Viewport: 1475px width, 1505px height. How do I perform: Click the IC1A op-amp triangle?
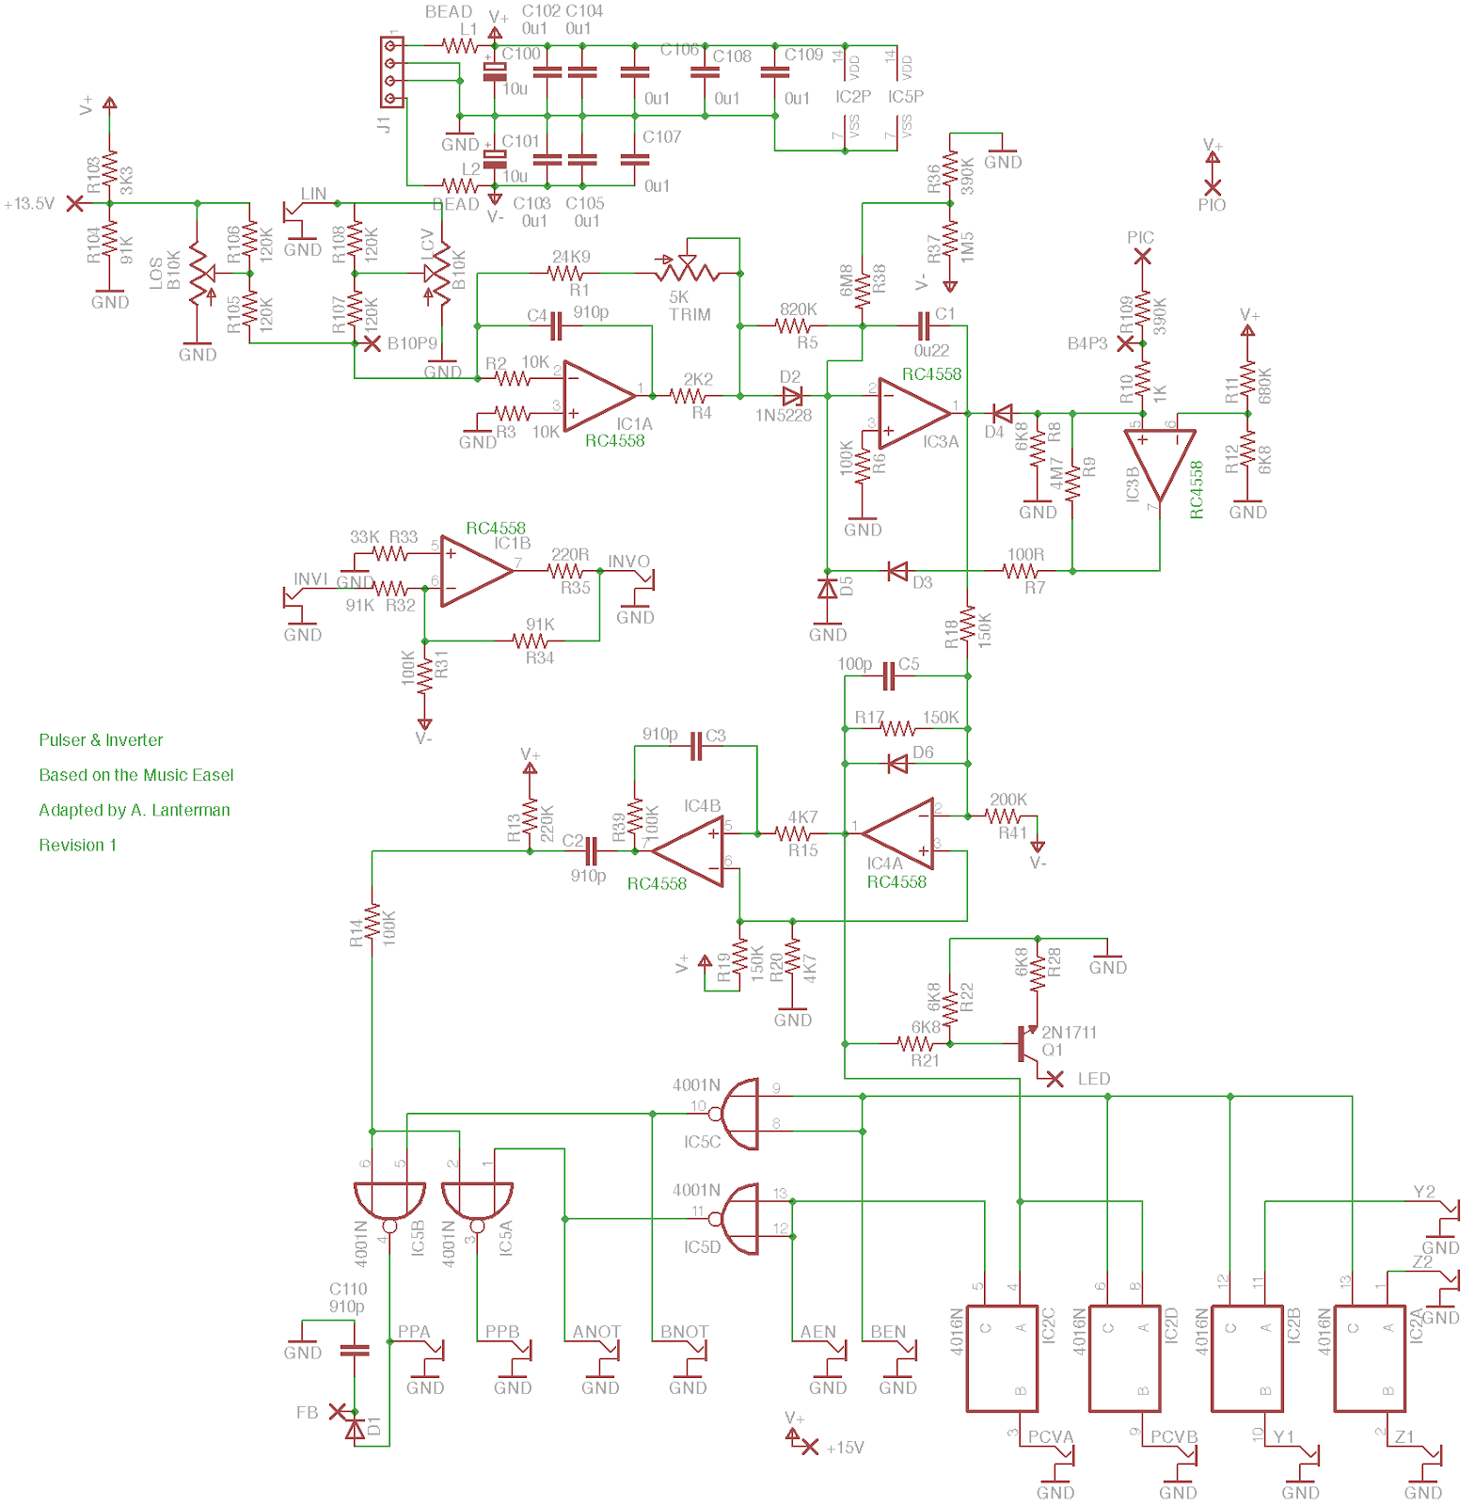(598, 396)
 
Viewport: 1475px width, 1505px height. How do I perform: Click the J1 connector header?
(392, 72)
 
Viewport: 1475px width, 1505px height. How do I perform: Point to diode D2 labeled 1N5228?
(792, 396)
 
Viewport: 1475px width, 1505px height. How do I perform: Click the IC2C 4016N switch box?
(1003, 1358)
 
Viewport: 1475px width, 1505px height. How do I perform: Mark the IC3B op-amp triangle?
(1160, 463)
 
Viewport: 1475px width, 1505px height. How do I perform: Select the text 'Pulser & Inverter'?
(101, 740)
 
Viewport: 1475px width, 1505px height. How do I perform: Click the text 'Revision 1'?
(77, 845)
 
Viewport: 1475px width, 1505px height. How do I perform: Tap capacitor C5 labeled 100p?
(888, 675)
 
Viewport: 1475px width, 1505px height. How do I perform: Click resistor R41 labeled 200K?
(1004, 816)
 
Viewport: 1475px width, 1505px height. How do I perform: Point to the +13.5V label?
(29, 203)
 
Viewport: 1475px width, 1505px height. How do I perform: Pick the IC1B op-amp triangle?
(475, 570)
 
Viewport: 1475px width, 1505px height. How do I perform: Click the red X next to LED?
(1055, 1079)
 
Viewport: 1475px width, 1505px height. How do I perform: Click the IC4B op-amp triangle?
(690, 851)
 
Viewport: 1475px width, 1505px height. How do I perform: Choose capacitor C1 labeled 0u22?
(924, 326)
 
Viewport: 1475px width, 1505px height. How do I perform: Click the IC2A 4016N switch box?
(1370, 1358)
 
